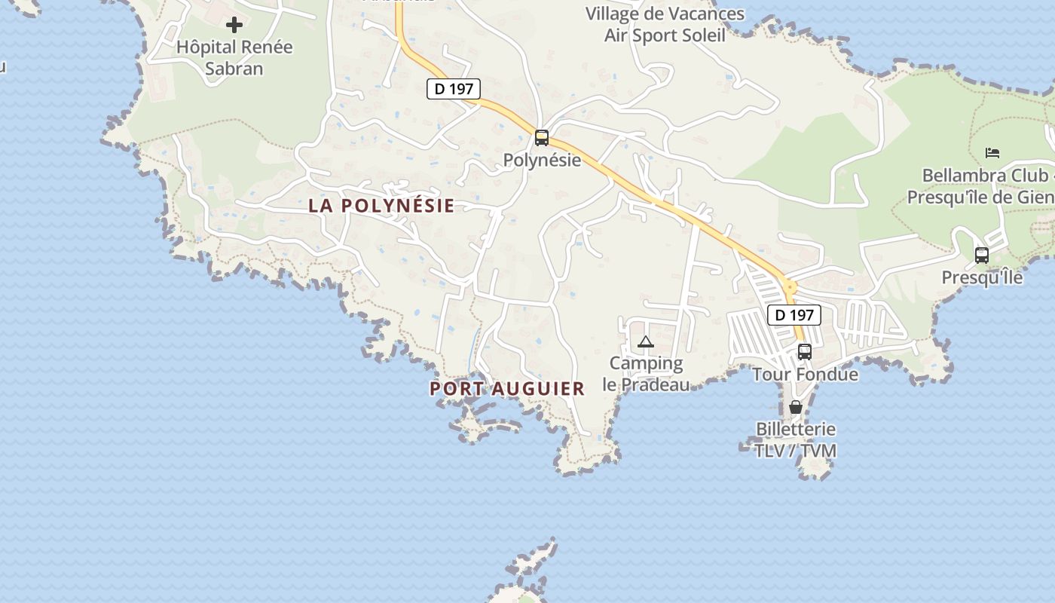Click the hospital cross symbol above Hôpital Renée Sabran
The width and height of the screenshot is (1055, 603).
(234, 25)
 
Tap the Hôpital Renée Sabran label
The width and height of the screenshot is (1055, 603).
(234, 58)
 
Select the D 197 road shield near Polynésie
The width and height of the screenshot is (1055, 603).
(454, 89)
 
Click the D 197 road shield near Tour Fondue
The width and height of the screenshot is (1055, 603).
(794, 315)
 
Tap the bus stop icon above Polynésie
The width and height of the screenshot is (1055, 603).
(542, 138)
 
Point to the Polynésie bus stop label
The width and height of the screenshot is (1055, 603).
(542, 160)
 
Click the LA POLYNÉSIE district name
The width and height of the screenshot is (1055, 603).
(381, 206)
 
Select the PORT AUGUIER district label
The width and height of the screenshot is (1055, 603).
(507, 389)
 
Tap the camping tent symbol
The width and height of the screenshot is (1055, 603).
(646, 342)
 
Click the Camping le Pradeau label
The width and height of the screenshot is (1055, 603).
(646, 374)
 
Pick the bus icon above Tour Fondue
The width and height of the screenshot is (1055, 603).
(805, 351)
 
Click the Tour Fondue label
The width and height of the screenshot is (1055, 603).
(805, 375)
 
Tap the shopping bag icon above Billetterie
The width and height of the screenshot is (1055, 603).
(796, 407)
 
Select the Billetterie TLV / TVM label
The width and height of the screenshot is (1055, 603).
(796, 440)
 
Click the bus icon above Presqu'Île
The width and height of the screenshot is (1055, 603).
(981, 255)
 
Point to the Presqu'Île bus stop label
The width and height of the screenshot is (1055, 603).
(982, 277)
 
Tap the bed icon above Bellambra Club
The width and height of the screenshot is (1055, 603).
(992, 153)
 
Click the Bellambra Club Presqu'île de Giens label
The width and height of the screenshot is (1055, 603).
(984, 186)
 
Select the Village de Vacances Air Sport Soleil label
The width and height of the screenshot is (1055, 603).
(665, 25)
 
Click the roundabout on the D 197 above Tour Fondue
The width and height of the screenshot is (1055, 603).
(789, 286)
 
